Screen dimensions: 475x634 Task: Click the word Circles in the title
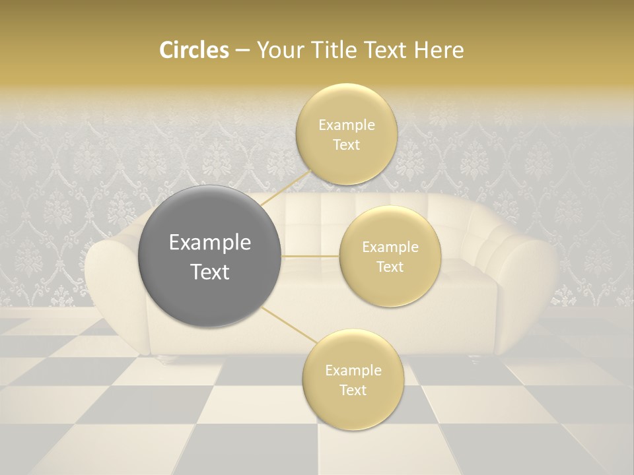[194, 50]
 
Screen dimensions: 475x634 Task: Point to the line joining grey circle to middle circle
[310, 256]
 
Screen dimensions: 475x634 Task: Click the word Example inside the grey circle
[210, 243]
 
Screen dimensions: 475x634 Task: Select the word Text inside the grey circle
[210, 272]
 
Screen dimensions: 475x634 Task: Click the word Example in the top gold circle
[346, 125]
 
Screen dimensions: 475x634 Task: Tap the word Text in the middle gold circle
[390, 267]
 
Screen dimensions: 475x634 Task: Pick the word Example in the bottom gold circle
[353, 371]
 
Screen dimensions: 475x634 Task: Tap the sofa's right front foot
[474, 360]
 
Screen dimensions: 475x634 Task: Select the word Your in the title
[278, 50]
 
